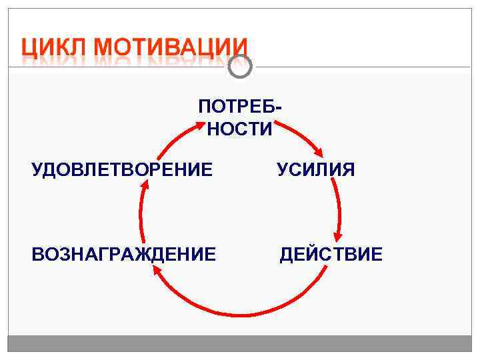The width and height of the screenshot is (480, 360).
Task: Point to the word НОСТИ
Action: pos(239,129)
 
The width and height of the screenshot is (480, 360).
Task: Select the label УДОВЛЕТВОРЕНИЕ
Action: pos(123,170)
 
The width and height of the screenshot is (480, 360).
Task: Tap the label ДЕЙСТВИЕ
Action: pos(331,254)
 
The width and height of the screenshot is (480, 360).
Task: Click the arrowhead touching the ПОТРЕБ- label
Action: pos(200,122)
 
